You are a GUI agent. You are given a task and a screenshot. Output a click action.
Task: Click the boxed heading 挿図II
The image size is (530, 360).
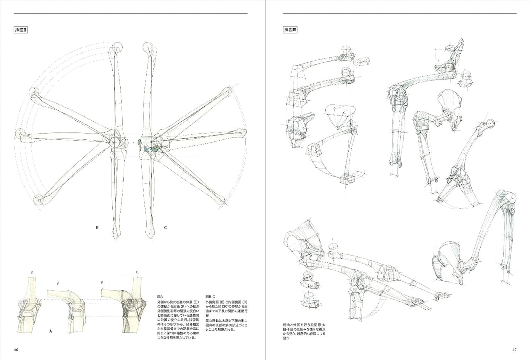pyautogui.click(x=21, y=30)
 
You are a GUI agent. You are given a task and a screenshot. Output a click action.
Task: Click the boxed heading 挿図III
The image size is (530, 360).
pyautogui.click(x=291, y=30)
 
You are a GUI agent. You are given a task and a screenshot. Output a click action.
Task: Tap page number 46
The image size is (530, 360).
pyautogui.click(x=16, y=349)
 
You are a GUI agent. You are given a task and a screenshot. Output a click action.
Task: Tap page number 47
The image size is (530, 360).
pyautogui.click(x=514, y=349)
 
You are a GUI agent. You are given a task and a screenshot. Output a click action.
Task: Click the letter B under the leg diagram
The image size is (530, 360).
pyautogui.click(x=97, y=228)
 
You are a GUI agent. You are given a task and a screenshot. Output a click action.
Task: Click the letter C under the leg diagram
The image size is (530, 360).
pyautogui.click(x=165, y=228)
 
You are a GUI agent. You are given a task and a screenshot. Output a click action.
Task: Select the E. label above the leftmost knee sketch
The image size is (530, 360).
pyautogui.click(x=33, y=273)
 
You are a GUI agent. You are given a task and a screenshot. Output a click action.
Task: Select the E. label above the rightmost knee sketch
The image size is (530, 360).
pyautogui.click(x=138, y=271)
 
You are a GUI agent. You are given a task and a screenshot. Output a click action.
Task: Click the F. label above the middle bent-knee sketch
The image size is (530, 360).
pyautogui.click(x=58, y=283)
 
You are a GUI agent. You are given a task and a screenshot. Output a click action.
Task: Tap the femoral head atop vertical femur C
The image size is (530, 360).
pyautogui.click(x=147, y=47)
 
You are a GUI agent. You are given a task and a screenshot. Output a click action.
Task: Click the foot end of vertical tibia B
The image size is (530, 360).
pyautogui.click(x=116, y=234)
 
